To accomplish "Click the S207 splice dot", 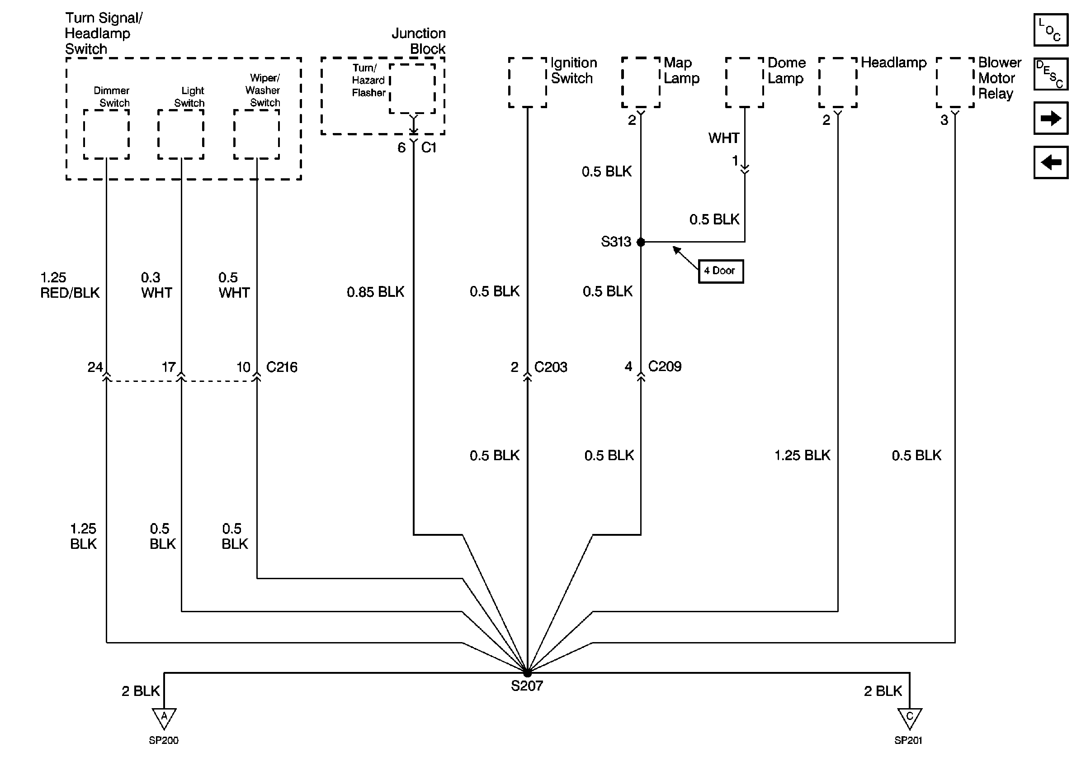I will pyautogui.click(x=527, y=672).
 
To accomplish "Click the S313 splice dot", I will pyautogui.click(x=641, y=243).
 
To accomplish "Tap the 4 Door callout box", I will pyautogui.click(x=720, y=271).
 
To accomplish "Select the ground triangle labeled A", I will pyautogui.click(x=164, y=717).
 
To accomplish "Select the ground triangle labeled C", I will pyautogui.click(x=910, y=717).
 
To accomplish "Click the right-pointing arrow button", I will pyautogui.click(x=1051, y=118).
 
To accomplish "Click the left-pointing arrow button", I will pyautogui.click(x=1051, y=162).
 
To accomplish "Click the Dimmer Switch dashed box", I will pyautogui.click(x=106, y=134).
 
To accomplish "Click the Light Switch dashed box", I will pyautogui.click(x=181, y=134).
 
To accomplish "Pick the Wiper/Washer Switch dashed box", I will pyautogui.click(x=256, y=134).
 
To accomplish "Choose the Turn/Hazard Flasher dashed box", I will pyautogui.click(x=412, y=89).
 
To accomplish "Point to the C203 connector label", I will pyautogui.click(x=551, y=367).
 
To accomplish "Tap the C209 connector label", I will pyautogui.click(x=665, y=367).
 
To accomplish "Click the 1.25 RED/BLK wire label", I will pyautogui.click(x=70, y=286).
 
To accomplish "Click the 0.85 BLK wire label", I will pyautogui.click(x=375, y=292).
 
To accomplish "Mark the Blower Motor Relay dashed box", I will pyautogui.click(x=955, y=83).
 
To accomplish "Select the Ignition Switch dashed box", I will pyautogui.click(x=527, y=83).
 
